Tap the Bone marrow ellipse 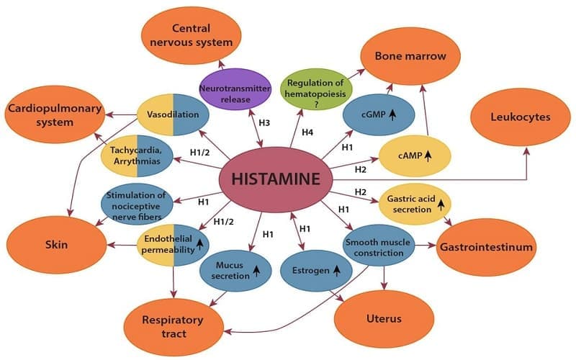tap(410, 56)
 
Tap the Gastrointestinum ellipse tap(487, 247)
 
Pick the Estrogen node tap(310, 271)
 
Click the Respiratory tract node tap(174, 326)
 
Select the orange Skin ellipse tap(55, 245)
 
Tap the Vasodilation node tap(173, 114)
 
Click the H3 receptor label tap(266, 123)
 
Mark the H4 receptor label tap(307, 132)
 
